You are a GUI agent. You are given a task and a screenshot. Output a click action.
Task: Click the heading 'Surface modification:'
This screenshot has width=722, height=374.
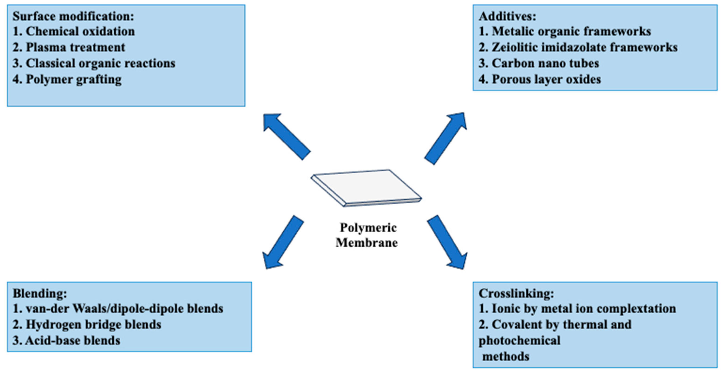click(x=73, y=16)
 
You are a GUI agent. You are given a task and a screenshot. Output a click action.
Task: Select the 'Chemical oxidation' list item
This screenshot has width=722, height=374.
click(x=73, y=31)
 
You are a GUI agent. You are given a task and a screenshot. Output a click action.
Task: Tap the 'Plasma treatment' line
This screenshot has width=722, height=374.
click(x=69, y=47)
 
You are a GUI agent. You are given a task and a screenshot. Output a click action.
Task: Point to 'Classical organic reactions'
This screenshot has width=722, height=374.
click(x=94, y=63)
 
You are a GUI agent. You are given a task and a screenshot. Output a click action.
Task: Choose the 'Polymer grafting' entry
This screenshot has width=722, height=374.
click(x=67, y=80)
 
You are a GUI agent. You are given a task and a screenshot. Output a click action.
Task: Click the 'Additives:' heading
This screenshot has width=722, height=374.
click(x=507, y=16)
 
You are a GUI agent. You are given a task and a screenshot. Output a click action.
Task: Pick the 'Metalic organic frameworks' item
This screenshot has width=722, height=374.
click(x=565, y=31)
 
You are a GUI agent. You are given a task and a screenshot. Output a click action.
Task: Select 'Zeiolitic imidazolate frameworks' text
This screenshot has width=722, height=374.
click(x=578, y=47)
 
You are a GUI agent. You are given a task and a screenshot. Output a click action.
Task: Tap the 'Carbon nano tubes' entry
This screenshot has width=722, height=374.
click(x=539, y=63)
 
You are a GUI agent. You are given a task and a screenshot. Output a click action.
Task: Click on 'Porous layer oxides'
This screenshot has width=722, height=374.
click(x=540, y=80)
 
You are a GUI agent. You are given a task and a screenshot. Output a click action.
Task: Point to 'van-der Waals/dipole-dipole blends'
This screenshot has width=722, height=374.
click(x=118, y=309)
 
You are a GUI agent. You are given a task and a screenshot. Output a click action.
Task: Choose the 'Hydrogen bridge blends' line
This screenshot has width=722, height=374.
click(x=87, y=325)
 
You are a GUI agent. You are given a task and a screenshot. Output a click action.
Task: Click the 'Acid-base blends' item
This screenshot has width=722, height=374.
click(x=66, y=341)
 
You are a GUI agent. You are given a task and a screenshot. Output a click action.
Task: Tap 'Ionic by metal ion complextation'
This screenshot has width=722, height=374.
click(x=577, y=309)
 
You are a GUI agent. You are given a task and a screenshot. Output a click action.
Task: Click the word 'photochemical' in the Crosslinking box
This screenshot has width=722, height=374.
click(x=519, y=341)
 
